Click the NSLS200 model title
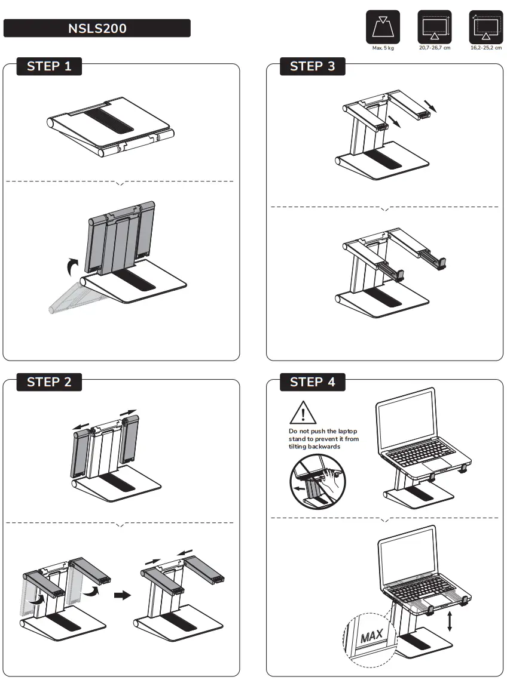(x=97, y=28)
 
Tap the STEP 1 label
(x=49, y=66)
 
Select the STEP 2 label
(x=49, y=382)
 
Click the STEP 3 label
(x=312, y=66)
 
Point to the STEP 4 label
(x=312, y=382)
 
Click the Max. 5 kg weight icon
(x=383, y=27)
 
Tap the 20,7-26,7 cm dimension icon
(x=434, y=27)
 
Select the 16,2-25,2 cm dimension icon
(x=485, y=27)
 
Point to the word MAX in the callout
(x=371, y=635)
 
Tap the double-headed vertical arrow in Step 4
(x=449, y=621)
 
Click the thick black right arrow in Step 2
(x=122, y=595)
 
